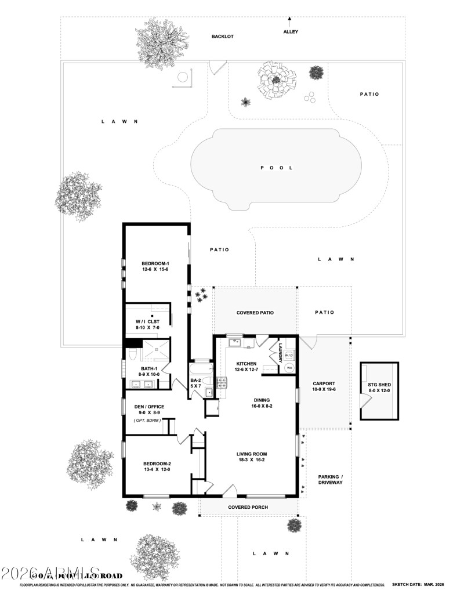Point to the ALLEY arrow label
(291, 31)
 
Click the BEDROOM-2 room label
(157, 466)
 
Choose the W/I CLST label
(147, 325)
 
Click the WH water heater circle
(288, 368)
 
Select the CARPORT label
(324, 387)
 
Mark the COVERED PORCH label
(247, 507)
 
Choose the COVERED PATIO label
(255, 313)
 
